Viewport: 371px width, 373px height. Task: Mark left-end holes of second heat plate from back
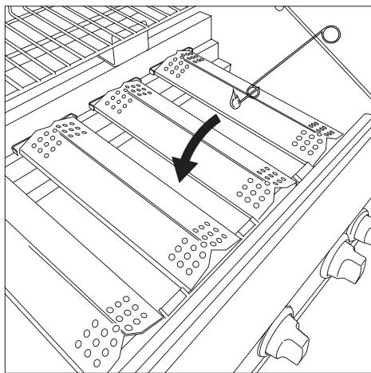pos(120,97)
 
